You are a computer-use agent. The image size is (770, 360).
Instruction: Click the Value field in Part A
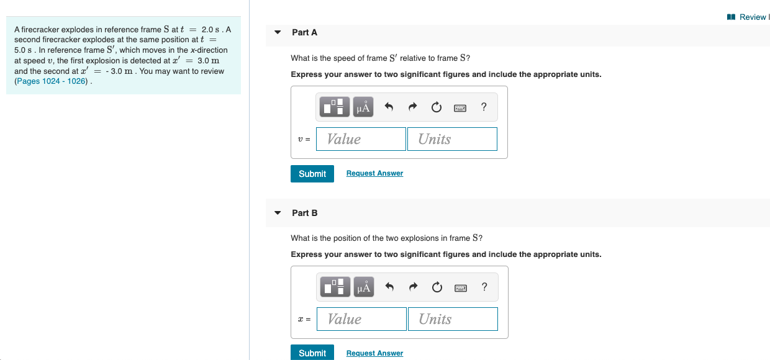(x=361, y=139)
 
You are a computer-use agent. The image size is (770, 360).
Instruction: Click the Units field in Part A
(x=452, y=139)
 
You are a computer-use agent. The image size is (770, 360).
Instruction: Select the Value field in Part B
(x=361, y=319)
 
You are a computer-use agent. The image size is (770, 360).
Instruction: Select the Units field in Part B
(x=453, y=319)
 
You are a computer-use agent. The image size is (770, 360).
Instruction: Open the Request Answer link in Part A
(x=374, y=173)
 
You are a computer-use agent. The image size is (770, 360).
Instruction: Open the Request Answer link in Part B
(x=374, y=353)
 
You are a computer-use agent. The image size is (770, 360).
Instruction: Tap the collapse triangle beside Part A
(x=278, y=32)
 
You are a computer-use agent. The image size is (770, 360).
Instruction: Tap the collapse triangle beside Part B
(x=278, y=213)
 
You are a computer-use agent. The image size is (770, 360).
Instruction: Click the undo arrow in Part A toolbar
(x=389, y=107)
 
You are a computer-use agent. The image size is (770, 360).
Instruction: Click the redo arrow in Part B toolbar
(x=413, y=287)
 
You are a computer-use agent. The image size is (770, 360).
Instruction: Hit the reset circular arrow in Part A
(x=437, y=107)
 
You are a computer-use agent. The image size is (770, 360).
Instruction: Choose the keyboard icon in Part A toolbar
(x=460, y=107)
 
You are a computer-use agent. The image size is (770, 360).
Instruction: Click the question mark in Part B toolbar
(x=484, y=287)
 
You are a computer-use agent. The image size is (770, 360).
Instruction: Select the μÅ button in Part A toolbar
(x=363, y=107)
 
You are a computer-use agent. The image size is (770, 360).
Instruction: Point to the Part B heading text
(x=304, y=213)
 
